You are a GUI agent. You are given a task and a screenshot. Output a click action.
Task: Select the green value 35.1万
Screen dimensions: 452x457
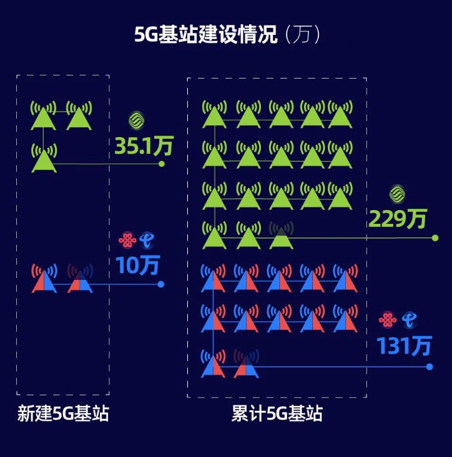pos(144,146)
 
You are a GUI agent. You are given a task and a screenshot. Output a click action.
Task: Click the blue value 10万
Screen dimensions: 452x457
pos(137,266)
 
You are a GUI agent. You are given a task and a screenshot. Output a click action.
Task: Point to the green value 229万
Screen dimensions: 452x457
pos(398,219)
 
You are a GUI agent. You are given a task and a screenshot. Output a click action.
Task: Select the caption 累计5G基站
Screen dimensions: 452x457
pos(277,414)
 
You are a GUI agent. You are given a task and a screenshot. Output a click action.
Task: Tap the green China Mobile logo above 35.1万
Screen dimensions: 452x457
pos(136,120)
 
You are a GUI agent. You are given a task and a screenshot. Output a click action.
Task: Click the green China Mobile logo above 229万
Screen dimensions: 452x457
pos(397,194)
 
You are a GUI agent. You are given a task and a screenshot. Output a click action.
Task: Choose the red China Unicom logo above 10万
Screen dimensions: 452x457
pos(127,239)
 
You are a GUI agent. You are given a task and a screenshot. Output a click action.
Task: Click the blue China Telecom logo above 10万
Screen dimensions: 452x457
pos(147,239)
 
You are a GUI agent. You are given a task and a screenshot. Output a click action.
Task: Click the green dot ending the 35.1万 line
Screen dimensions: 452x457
pos(162,164)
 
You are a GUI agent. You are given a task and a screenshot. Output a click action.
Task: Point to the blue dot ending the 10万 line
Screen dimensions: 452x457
pos(161,284)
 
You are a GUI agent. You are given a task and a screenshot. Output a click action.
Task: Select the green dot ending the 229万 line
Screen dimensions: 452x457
pos(435,238)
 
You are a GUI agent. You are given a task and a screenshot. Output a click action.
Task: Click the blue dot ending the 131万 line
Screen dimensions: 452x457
pos(430,367)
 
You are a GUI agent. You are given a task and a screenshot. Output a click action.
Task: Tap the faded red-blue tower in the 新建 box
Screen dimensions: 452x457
pos(79,280)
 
